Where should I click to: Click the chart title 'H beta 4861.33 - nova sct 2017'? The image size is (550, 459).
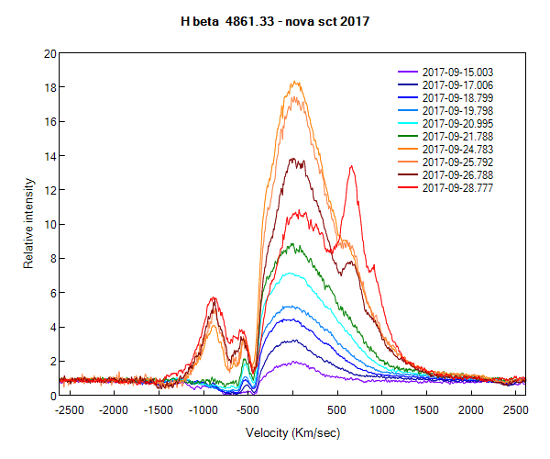pos(275,21)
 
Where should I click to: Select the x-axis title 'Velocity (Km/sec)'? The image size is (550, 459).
pos(292,431)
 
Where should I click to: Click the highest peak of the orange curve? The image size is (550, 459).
pos(295,82)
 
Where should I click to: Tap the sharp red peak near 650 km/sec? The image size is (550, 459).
pos(351,166)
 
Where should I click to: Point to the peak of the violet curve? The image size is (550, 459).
pos(293,362)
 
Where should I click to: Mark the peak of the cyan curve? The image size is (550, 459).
pos(291,273)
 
